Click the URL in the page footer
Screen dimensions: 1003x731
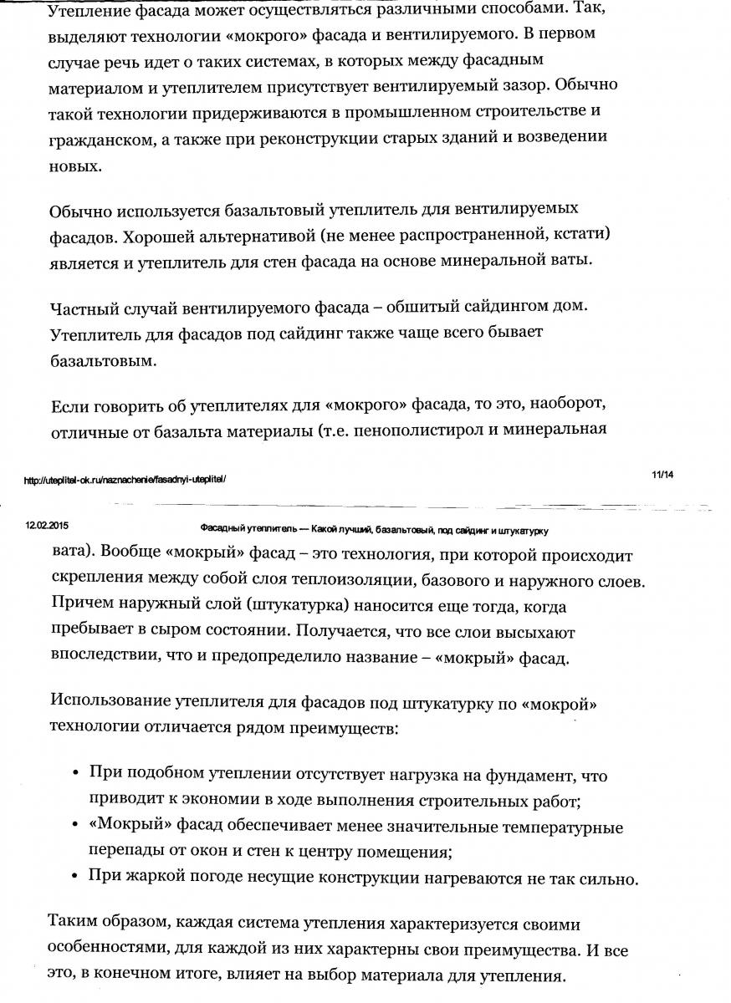click(125, 480)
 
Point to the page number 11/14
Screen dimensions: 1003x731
click(662, 475)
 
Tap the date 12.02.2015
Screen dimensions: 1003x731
click(40, 527)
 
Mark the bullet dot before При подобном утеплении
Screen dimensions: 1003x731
click(77, 774)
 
